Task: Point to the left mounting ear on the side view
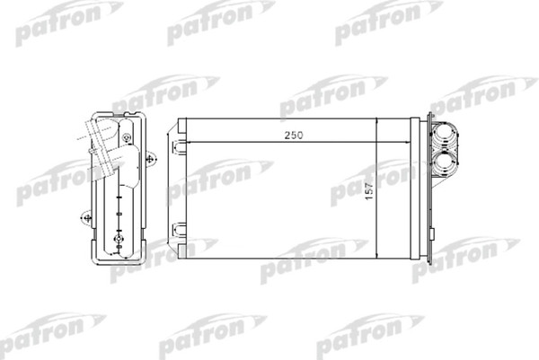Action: tap(86, 216)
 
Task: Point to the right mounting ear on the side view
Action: tap(149, 158)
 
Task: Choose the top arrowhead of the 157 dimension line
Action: tap(376, 120)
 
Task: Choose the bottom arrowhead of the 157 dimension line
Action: tap(376, 256)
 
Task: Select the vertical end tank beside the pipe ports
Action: tap(415, 189)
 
